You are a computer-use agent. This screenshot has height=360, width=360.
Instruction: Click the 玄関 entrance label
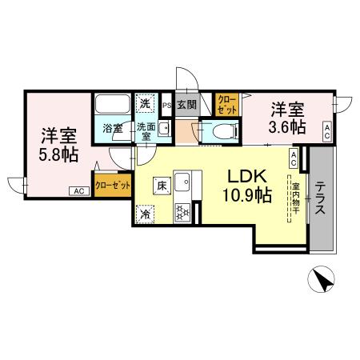[x=186, y=103]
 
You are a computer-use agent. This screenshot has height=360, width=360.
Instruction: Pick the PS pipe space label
[x=167, y=104]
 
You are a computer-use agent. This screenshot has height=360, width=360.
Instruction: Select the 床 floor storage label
[x=160, y=186]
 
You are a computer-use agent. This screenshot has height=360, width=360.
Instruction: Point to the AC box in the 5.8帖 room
[x=79, y=191]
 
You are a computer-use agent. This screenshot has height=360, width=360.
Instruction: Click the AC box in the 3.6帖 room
[x=327, y=130]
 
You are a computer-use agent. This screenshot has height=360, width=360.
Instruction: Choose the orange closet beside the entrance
[x=226, y=104]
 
